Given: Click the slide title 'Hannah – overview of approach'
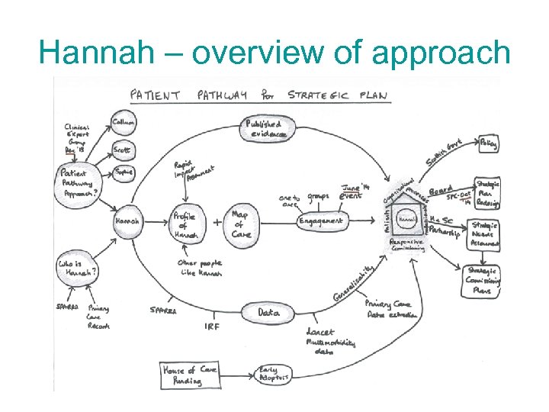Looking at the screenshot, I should (274, 53).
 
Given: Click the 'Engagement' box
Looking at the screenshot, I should (321, 220).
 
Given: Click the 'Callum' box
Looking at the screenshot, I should (124, 123).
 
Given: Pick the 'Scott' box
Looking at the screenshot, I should (122, 150).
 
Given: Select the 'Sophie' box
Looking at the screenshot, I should (124, 172).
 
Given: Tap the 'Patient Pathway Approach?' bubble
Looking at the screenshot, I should (79, 183).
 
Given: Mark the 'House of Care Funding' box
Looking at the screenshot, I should (190, 374).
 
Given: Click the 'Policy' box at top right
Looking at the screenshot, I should (490, 143).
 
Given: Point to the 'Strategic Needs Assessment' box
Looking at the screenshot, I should (485, 234).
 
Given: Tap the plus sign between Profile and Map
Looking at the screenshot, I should (218, 222).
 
